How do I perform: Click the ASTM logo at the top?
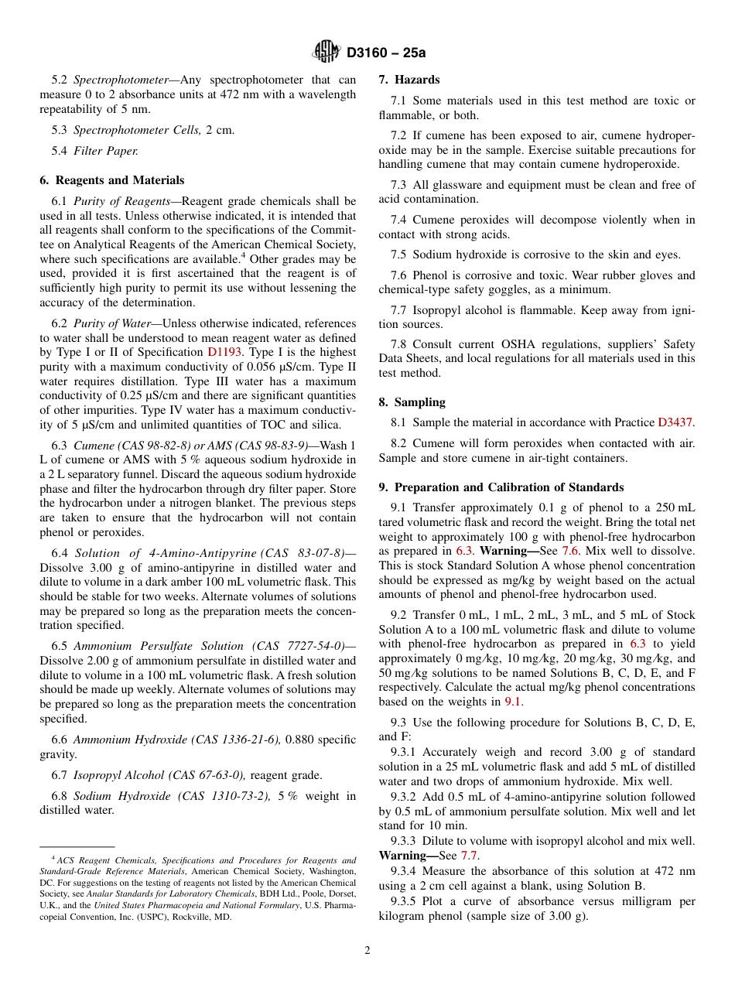click(x=326, y=52)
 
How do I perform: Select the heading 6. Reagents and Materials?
click(x=111, y=180)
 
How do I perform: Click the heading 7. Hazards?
click(x=409, y=80)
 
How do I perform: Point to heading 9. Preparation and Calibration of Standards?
click(x=501, y=487)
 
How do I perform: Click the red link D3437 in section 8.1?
click(x=675, y=423)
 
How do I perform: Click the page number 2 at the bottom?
click(x=367, y=951)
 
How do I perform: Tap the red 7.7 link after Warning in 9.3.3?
click(x=469, y=856)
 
